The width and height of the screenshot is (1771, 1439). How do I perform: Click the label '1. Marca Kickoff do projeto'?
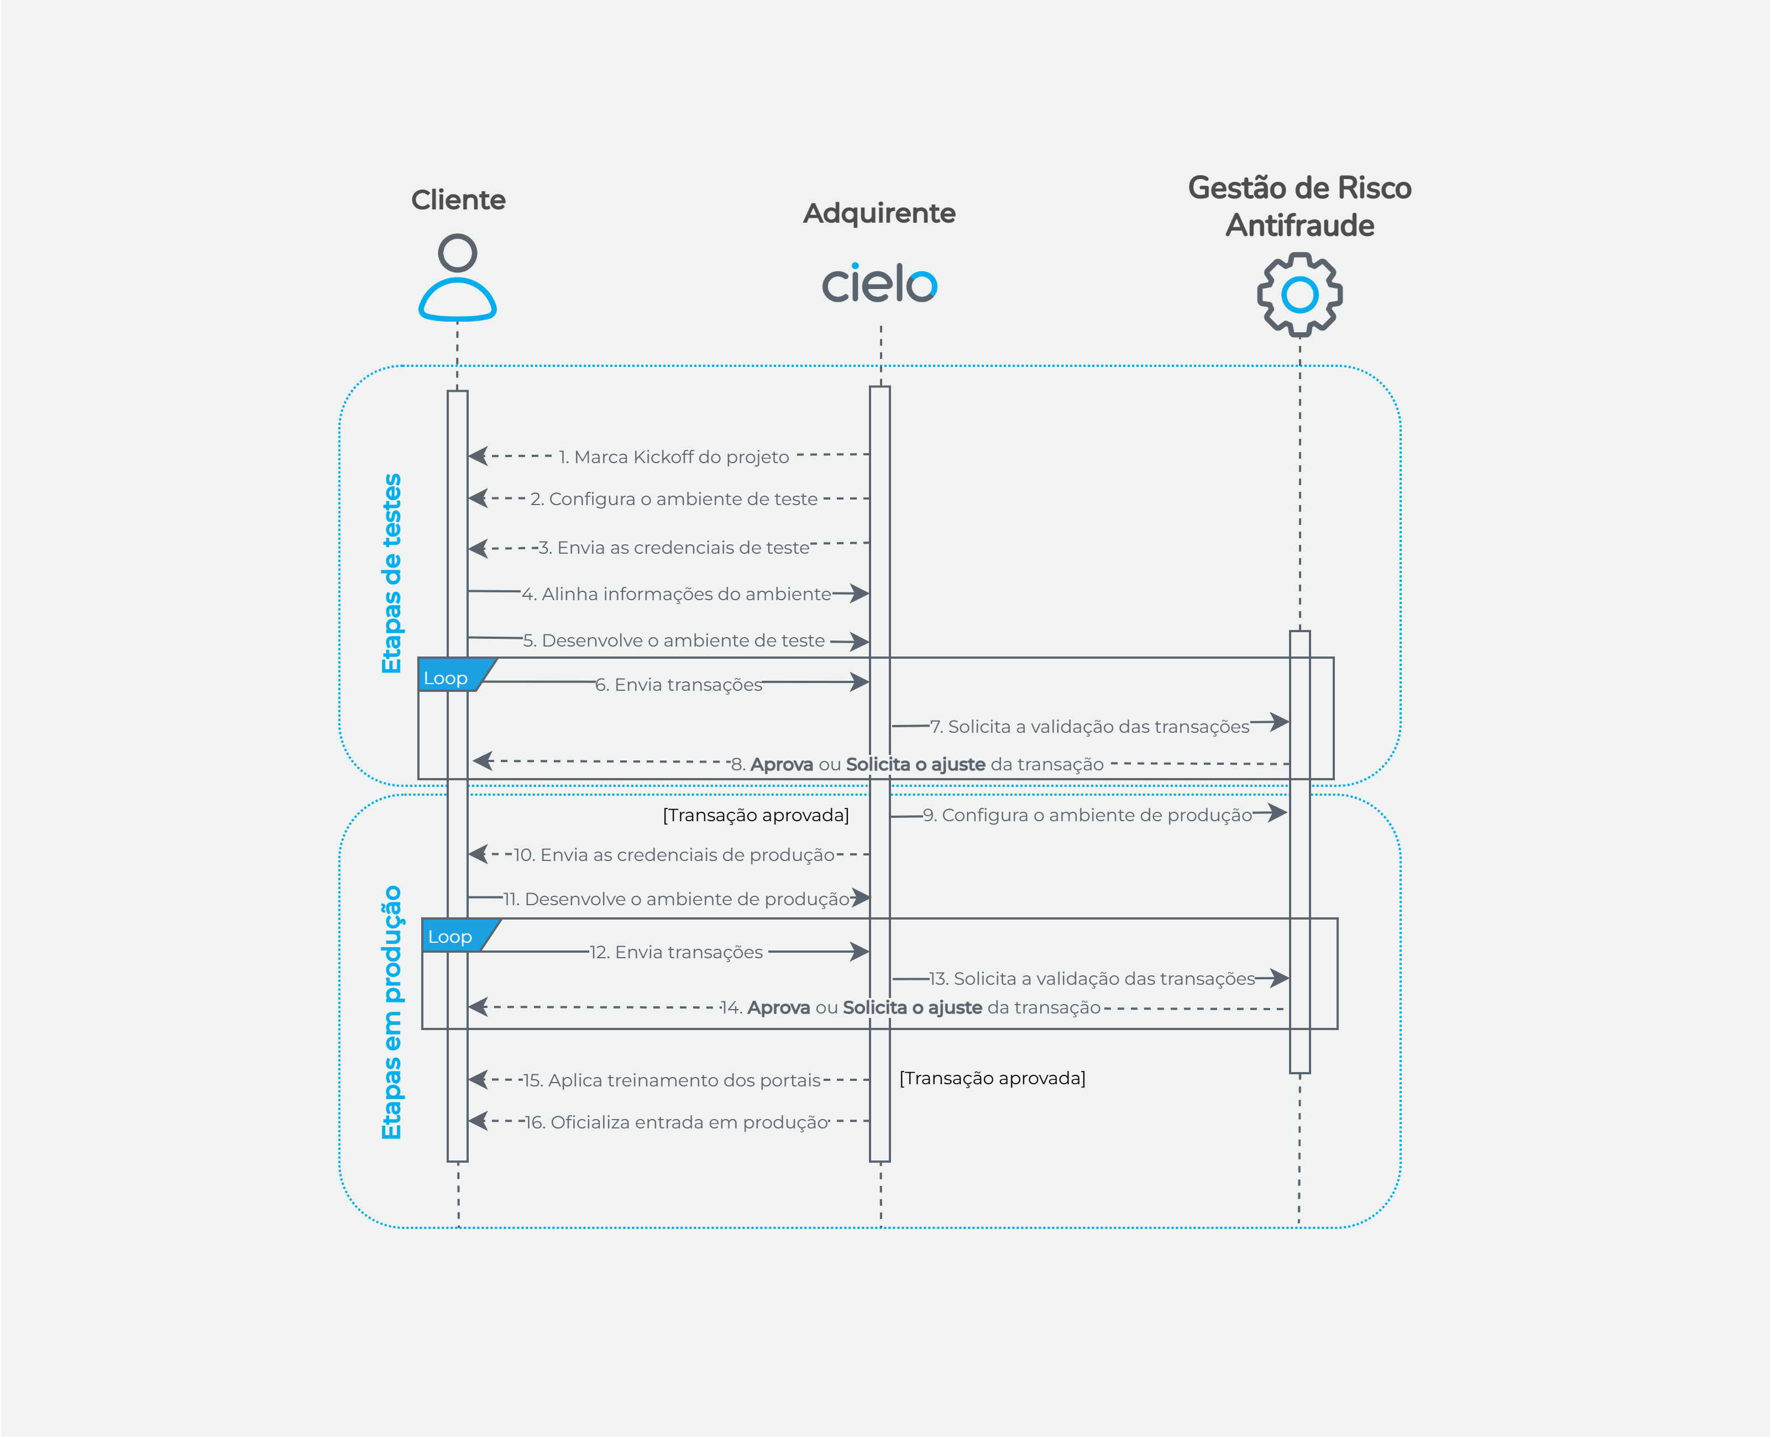(x=673, y=456)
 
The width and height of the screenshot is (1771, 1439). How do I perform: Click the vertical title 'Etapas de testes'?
(x=391, y=574)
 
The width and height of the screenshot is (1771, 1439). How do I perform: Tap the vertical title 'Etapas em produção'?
(x=391, y=1012)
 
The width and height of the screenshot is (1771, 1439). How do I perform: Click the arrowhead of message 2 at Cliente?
(x=476, y=498)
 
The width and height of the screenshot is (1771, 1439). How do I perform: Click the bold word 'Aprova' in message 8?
(x=781, y=764)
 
